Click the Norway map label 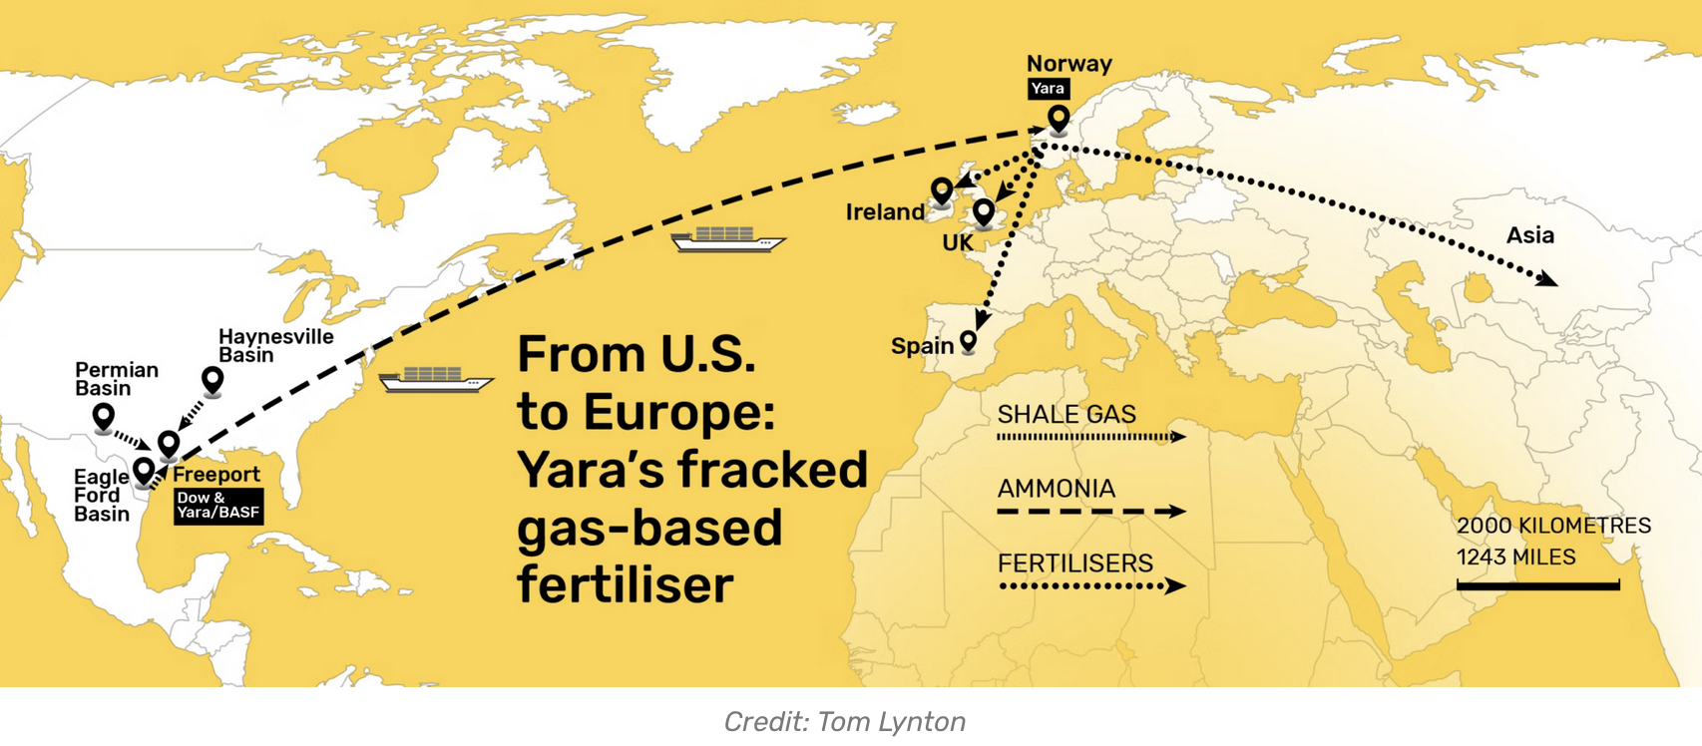point(1068,64)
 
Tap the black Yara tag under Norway point(1048,89)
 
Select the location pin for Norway point(1059,120)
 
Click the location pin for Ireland point(942,189)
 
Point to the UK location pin point(984,211)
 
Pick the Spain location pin point(968,342)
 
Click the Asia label point(1529,235)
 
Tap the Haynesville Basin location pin point(213,380)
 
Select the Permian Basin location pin point(104,416)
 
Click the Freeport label point(216,475)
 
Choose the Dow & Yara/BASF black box point(217,506)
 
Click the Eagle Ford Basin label point(102,496)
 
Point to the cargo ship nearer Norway point(727,239)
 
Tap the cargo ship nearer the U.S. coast point(435,380)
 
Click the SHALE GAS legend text point(1066,414)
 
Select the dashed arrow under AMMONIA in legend point(1090,512)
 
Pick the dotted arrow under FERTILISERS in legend point(1090,586)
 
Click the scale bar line point(1537,585)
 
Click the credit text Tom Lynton point(891,721)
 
